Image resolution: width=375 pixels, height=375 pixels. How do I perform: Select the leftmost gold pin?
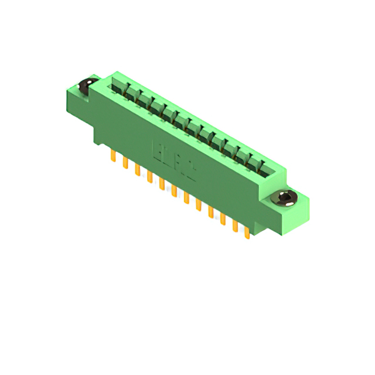tap(112, 156)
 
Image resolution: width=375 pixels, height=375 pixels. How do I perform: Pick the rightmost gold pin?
tap(247, 232)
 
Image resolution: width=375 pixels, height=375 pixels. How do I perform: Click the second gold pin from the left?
tap(125, 163)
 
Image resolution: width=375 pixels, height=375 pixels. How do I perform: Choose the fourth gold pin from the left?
tap(149, 176)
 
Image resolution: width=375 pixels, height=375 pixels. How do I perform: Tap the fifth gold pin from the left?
tap(162, 183)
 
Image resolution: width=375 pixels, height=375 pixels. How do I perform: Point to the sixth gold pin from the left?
tap(174, 190)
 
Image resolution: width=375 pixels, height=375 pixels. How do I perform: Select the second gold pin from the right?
tap(235, 226)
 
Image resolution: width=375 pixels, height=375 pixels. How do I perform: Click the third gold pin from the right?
tap(223, 219)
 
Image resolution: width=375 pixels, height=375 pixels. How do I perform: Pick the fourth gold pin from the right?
tap(210, 212)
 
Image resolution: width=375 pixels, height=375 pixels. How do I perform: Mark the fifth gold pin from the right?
tap(198, 204)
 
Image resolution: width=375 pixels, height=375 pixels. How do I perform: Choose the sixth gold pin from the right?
tap(186, 197)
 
